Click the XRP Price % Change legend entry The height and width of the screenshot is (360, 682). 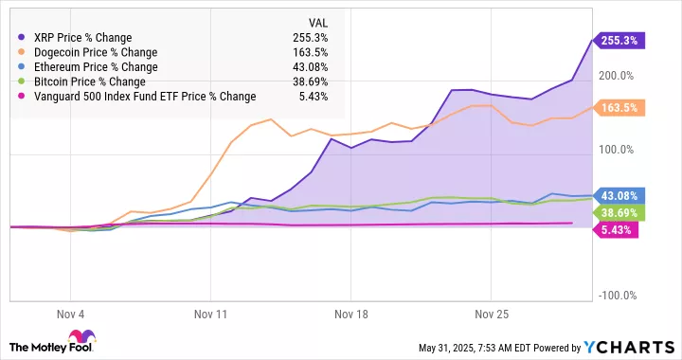click(81, 37)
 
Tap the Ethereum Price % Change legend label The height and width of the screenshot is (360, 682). click(95, 66)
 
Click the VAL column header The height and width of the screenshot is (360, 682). click(320, 22)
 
